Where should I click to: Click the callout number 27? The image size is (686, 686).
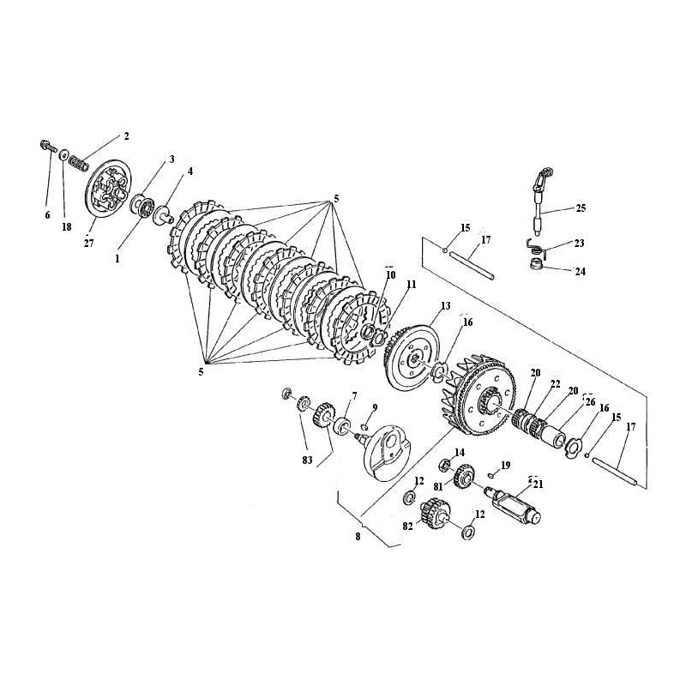89,244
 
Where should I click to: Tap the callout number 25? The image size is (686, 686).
581,208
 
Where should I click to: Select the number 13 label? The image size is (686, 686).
445,306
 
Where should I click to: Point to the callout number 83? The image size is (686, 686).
308,460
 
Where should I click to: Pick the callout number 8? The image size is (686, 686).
358,537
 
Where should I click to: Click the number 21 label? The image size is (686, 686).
539,484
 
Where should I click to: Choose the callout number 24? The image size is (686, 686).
581,271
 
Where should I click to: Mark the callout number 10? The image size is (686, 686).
391,274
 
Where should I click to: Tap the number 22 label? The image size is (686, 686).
555,383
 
